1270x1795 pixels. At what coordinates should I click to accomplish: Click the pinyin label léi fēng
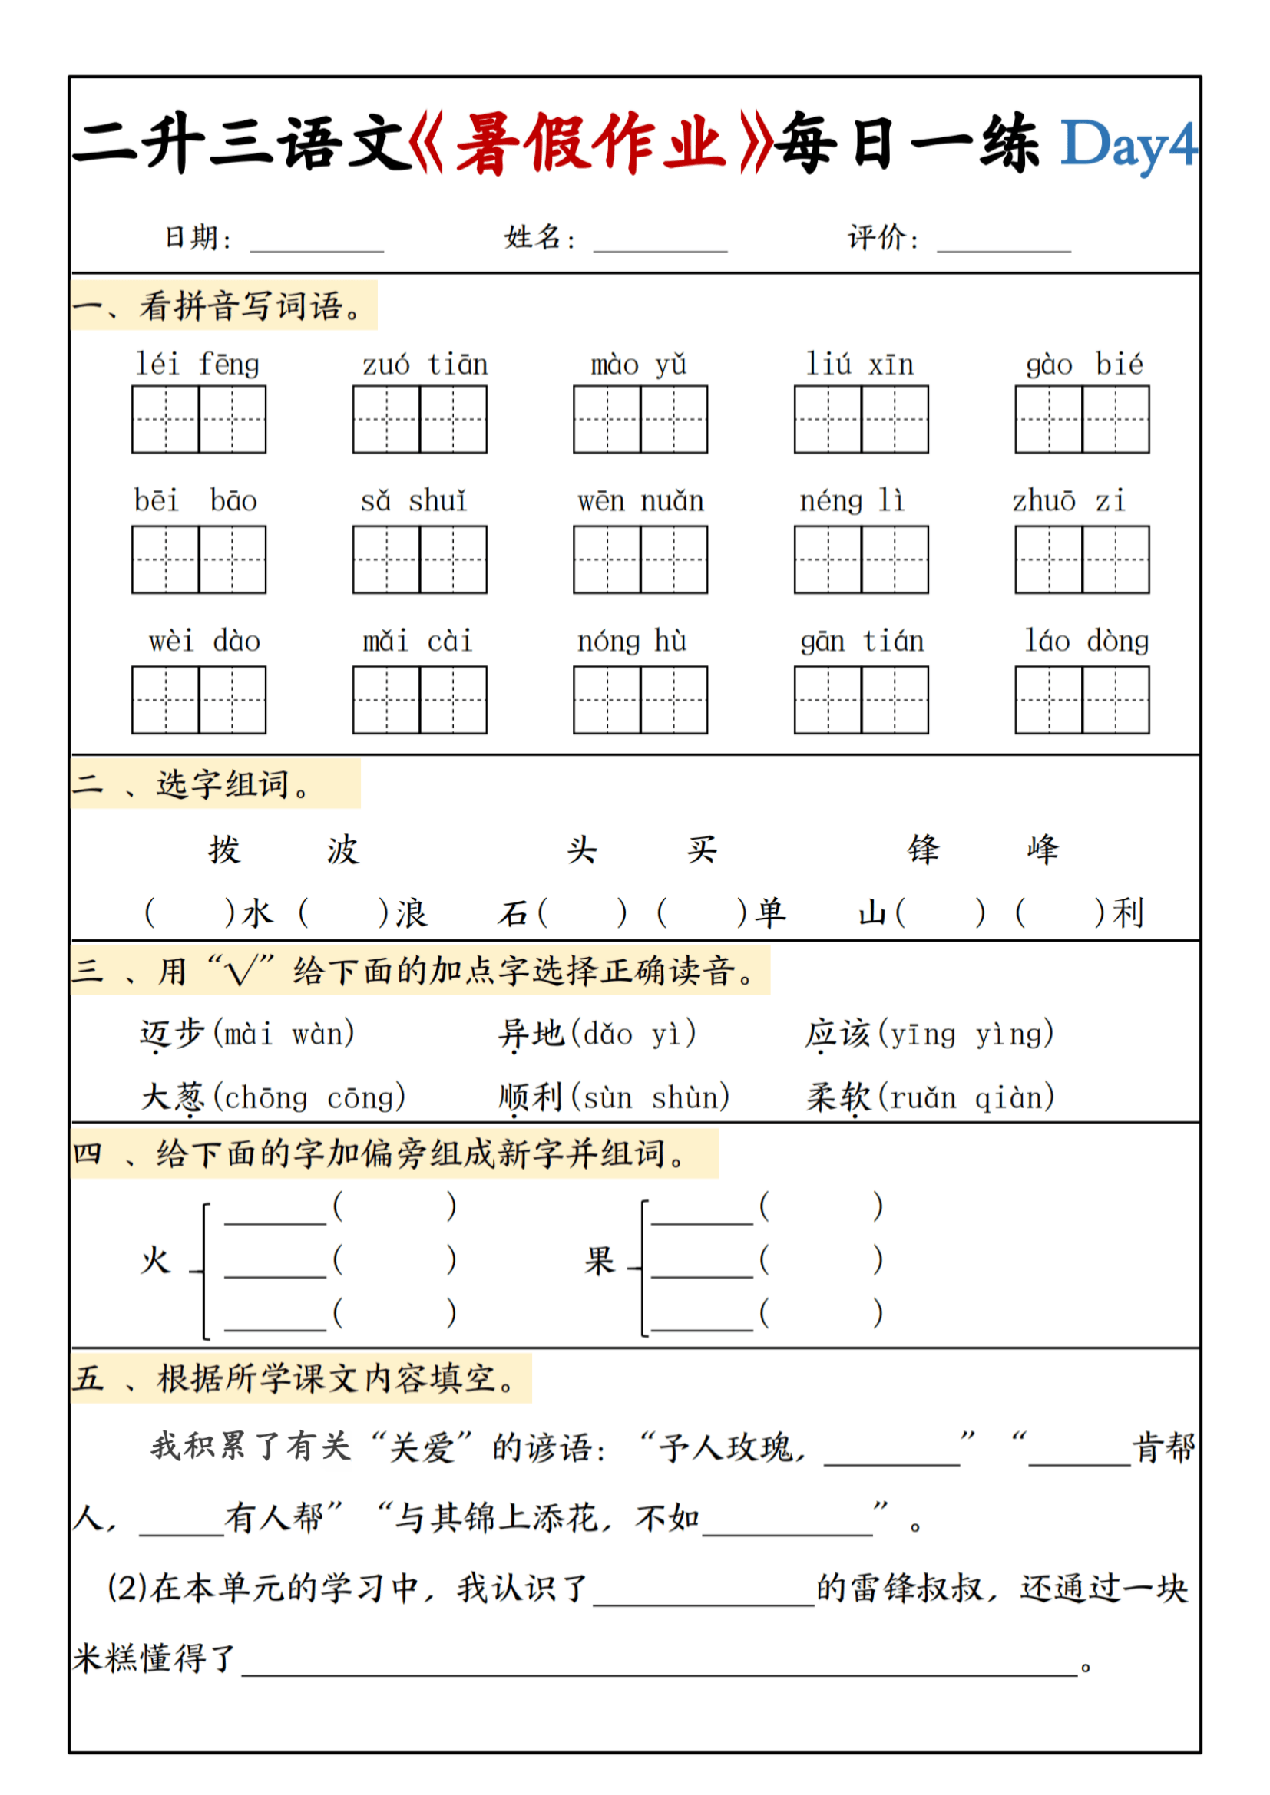click(197, 365)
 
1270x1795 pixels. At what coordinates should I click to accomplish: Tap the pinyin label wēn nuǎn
click(640, 501)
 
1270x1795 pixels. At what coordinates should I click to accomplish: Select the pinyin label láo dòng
click(1086, 641)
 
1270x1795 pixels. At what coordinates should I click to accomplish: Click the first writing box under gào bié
click(1048, 419)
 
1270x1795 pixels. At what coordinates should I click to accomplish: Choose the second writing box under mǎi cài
click(453, 700)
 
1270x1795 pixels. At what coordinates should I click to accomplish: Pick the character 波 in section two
click(342, 850)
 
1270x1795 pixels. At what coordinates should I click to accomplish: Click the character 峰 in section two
click(1043, 850)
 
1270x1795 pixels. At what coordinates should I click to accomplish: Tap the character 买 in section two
click(702, 850)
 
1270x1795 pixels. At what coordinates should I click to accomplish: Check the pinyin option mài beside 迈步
click(249, 1034)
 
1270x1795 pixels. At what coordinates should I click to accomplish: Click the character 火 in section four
click(156, 1261)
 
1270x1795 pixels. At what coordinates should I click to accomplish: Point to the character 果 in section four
click(600, 1261)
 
